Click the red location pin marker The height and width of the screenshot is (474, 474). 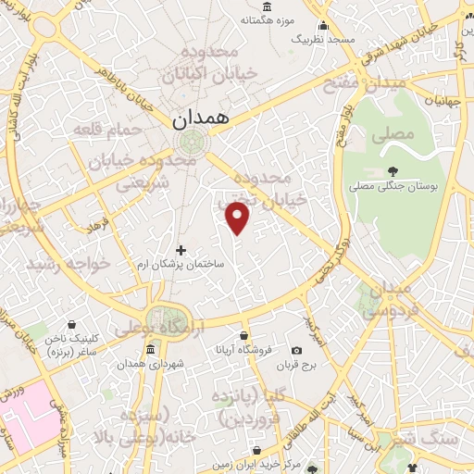coord(238,217)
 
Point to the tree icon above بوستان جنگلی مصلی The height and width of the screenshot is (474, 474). coord(393,170)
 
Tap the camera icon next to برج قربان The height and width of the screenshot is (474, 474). coord(296,350)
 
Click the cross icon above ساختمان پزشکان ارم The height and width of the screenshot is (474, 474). coord(181,250)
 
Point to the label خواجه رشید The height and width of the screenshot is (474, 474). coord(69,265)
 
